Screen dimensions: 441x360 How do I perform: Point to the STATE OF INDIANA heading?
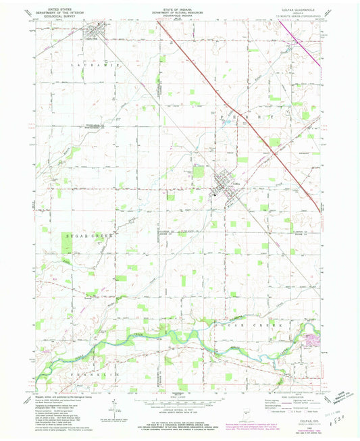179,9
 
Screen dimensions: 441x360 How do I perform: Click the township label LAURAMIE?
86,64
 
